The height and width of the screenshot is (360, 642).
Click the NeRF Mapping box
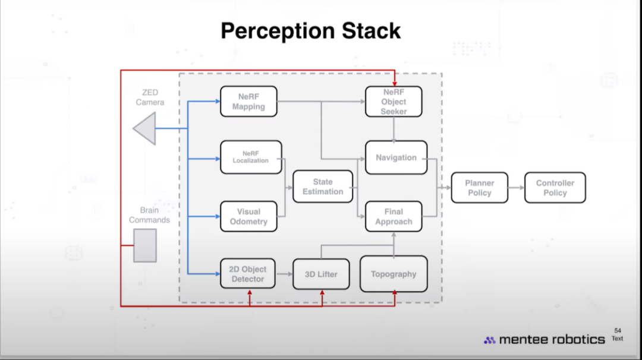click(x=248, y=102)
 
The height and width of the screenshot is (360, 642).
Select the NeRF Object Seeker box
click(x=394, y=102)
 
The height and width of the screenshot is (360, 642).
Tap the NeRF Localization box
click(x=251, y=157)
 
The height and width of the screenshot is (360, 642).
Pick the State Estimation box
click(x=323, y=187)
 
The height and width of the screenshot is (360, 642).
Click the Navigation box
click(x=396, y=157)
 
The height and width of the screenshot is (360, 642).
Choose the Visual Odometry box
click(x=248, y=216)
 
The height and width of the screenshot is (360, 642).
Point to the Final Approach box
click(x=394, y=216)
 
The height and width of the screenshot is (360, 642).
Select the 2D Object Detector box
click(x=248, y=274)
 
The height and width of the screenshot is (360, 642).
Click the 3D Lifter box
click(x=321, y=274)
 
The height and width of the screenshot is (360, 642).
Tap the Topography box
click(x=394, y=274)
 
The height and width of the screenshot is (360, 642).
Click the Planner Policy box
click(x=480, y=188)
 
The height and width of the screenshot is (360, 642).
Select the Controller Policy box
click(x=555, y=188)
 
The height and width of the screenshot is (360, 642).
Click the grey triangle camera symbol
click(x=144, y=128)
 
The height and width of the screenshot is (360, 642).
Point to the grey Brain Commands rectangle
click(x=145, y=245)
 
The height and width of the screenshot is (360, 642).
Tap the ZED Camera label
click(x=150, y=97)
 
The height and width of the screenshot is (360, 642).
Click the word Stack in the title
click(x=371, y=31)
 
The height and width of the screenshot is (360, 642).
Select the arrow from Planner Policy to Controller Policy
click(x=517, y=188)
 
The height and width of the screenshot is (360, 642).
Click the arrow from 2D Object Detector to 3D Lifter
click(x=284, y=274)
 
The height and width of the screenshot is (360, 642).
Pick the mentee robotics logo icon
click(x=490, y=340)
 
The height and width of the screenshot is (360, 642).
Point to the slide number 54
click(x=618, y=330)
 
